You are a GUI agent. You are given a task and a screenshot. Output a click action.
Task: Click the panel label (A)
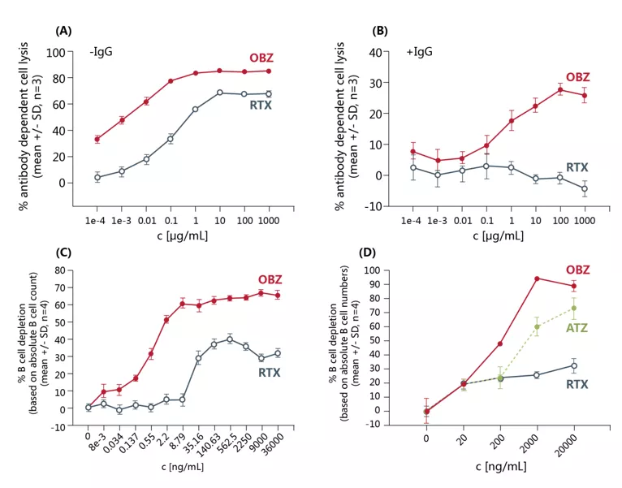tap(64, 31)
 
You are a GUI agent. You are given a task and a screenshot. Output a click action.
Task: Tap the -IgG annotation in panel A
tap(101, 53)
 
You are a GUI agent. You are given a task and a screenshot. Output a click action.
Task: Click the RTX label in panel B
tap(577, 167)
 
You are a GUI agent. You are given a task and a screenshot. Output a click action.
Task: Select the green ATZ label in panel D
tap(577, 328)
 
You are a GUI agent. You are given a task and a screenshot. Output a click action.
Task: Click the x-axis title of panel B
tap(495, 236)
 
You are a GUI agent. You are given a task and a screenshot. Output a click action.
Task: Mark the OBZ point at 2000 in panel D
tap(537, 279)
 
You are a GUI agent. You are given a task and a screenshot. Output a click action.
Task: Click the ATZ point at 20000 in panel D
tap(574, 308)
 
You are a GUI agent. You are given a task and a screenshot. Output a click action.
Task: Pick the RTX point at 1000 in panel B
tap(584, 188)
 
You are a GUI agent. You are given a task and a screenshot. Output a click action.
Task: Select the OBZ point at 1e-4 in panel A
tap(97, 140)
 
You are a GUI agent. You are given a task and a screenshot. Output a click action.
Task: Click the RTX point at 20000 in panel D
tap(574, 365)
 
